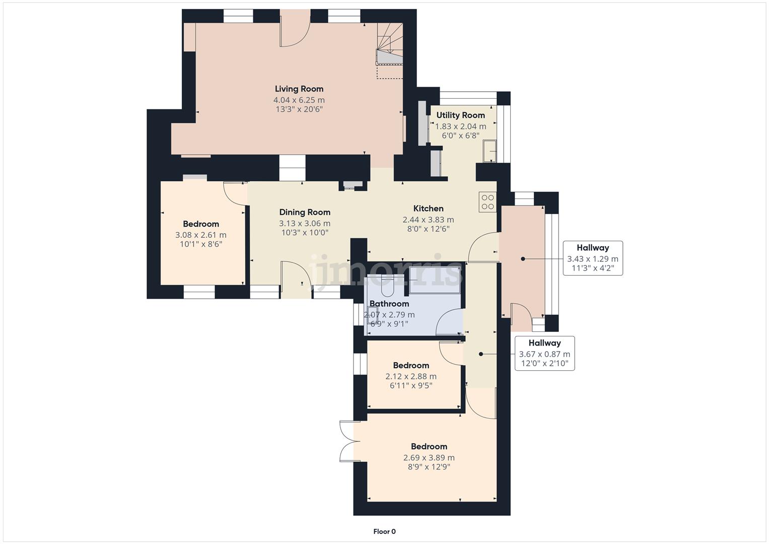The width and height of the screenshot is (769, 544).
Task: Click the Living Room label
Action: pos(299,89)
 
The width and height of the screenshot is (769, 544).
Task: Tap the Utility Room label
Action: pos(460,115)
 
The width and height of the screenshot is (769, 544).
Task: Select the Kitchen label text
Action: pos(428,209)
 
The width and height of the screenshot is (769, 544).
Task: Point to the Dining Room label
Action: pos(305,213)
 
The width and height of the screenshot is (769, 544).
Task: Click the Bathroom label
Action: pos(389,304)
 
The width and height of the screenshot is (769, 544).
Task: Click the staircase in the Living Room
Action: pos(390,45)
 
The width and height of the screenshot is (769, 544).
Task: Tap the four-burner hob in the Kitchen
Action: pos(487,202)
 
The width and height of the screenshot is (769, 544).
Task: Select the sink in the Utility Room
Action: pos(490,151)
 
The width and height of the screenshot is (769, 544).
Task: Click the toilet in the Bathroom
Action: pos(388,286)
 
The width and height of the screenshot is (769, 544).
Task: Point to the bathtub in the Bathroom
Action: pos(434,280)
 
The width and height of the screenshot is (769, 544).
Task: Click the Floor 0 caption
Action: pos(384,531)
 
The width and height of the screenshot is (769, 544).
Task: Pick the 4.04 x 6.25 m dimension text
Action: pos(299,100)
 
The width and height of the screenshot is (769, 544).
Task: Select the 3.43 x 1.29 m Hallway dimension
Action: pos(593,259)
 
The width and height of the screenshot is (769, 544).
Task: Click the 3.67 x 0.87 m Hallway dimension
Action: pos(544,354)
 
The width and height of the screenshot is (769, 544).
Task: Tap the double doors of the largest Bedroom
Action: pos(348,441)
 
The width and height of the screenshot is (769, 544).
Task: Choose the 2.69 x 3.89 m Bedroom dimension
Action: pos(429,458)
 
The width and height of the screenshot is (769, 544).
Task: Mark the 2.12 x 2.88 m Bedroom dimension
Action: pos(411,376)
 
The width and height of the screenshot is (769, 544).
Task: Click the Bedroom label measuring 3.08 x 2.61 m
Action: pos(201,224)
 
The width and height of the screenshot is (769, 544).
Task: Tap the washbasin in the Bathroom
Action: pos(373,315)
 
